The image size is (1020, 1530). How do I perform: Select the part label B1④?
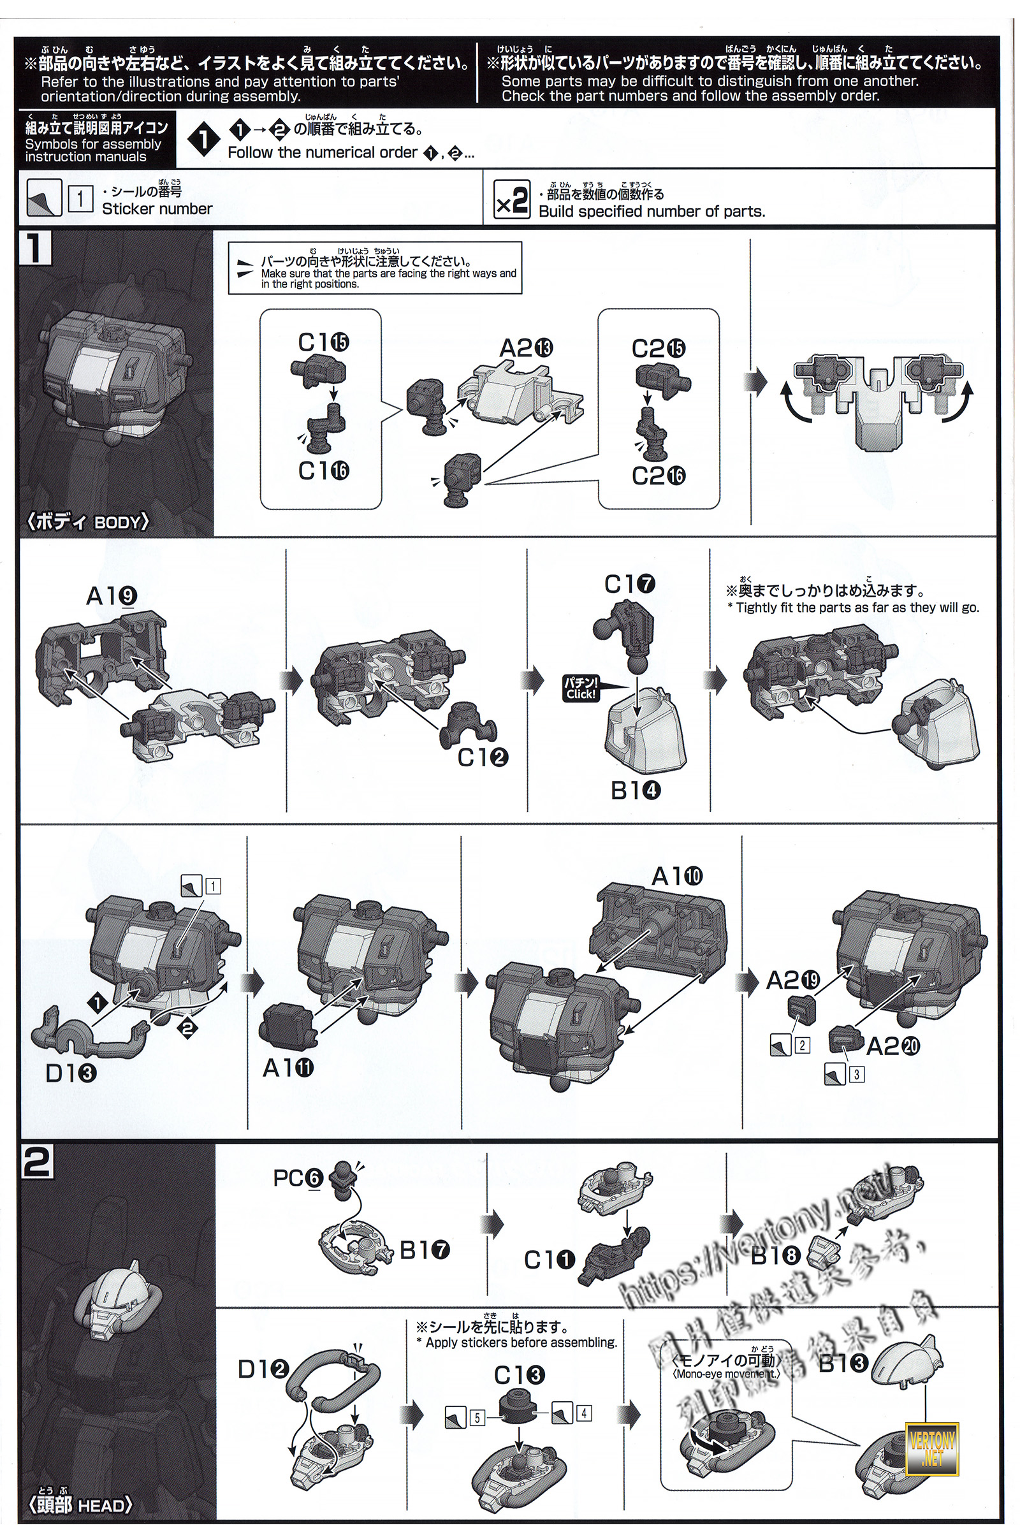click(636, 791)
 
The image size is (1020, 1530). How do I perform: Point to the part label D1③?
click(71, 1073)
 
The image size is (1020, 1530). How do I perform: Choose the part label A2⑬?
click(525, 349)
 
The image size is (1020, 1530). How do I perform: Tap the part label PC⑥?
click(298, 1178)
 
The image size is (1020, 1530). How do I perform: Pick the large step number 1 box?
click(36, 249)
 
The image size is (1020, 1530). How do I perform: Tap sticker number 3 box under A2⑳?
click(856, 1075)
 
